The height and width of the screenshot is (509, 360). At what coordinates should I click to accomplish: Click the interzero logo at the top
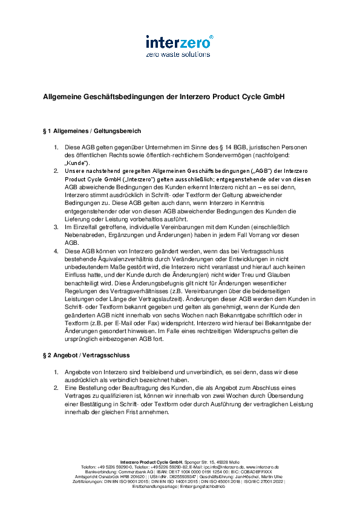tap(179, 42)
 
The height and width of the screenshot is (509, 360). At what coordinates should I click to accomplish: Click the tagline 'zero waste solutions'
tap(179, 54)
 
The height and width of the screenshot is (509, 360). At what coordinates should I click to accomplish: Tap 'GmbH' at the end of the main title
tap(273, 97)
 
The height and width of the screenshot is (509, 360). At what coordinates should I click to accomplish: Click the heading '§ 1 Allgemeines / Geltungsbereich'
tap(92, 131)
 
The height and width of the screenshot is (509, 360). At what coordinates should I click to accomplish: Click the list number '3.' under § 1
tap(57, 227)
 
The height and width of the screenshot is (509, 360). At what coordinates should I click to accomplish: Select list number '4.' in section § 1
tap(57, 250)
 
